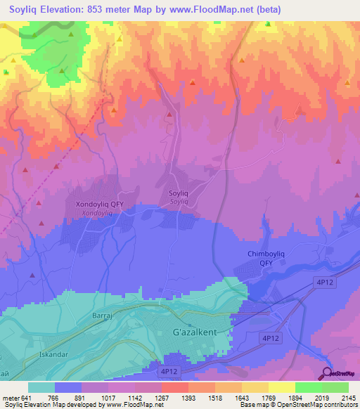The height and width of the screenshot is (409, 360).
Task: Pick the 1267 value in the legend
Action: pos(162,397)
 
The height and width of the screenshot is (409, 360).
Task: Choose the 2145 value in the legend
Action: pos(349,397)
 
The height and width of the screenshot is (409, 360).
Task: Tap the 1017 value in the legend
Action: pos(108,397)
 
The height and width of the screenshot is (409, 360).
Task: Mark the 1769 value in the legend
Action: pos(269,397)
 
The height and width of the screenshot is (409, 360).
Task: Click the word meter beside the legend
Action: pos(11,397)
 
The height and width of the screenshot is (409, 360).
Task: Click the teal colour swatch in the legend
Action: pos(41,387)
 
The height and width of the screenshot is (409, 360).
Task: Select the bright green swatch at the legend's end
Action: pos(335,387)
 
